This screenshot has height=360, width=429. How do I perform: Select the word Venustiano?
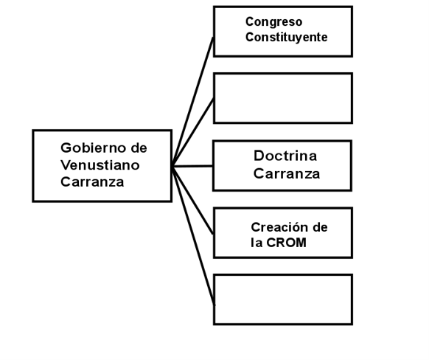pyautogui.click(x=100, y=165)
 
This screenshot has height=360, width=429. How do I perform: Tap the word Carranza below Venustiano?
pyautogui.click(x=92, y=181)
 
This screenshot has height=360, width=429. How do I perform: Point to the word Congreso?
pyautogui.click(x=273, y=22)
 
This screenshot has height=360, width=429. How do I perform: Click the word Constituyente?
pyautogui.click(x=286, y=37)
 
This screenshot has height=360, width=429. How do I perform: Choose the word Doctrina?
pyautogui.click(x=285, y=156)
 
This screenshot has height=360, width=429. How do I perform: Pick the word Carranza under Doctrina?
pyautogui.click(x=287, y=173)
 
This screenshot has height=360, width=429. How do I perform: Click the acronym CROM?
pyautogui.click(x=286, y=243)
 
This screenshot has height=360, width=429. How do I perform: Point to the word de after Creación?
pyautogui.click(x=320, y=227)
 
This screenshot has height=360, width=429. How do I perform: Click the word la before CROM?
pyautogui.click(x=257, y=243)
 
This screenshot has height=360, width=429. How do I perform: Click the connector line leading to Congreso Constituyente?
pyautogui.click(x=193, y=101)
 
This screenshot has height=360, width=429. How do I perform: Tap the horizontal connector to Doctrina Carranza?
pyautogui.click(x=192, y=166)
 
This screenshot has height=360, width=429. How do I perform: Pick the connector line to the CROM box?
pyautogui.click(x=193, y=200)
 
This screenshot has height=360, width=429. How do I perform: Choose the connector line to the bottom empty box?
pyautogui.click(x=193, y=235)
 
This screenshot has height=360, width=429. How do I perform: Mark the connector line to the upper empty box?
pyautogui.click(x=193, y=132)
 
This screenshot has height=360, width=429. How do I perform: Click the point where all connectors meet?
pyautogui.click(x=172, y=166)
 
